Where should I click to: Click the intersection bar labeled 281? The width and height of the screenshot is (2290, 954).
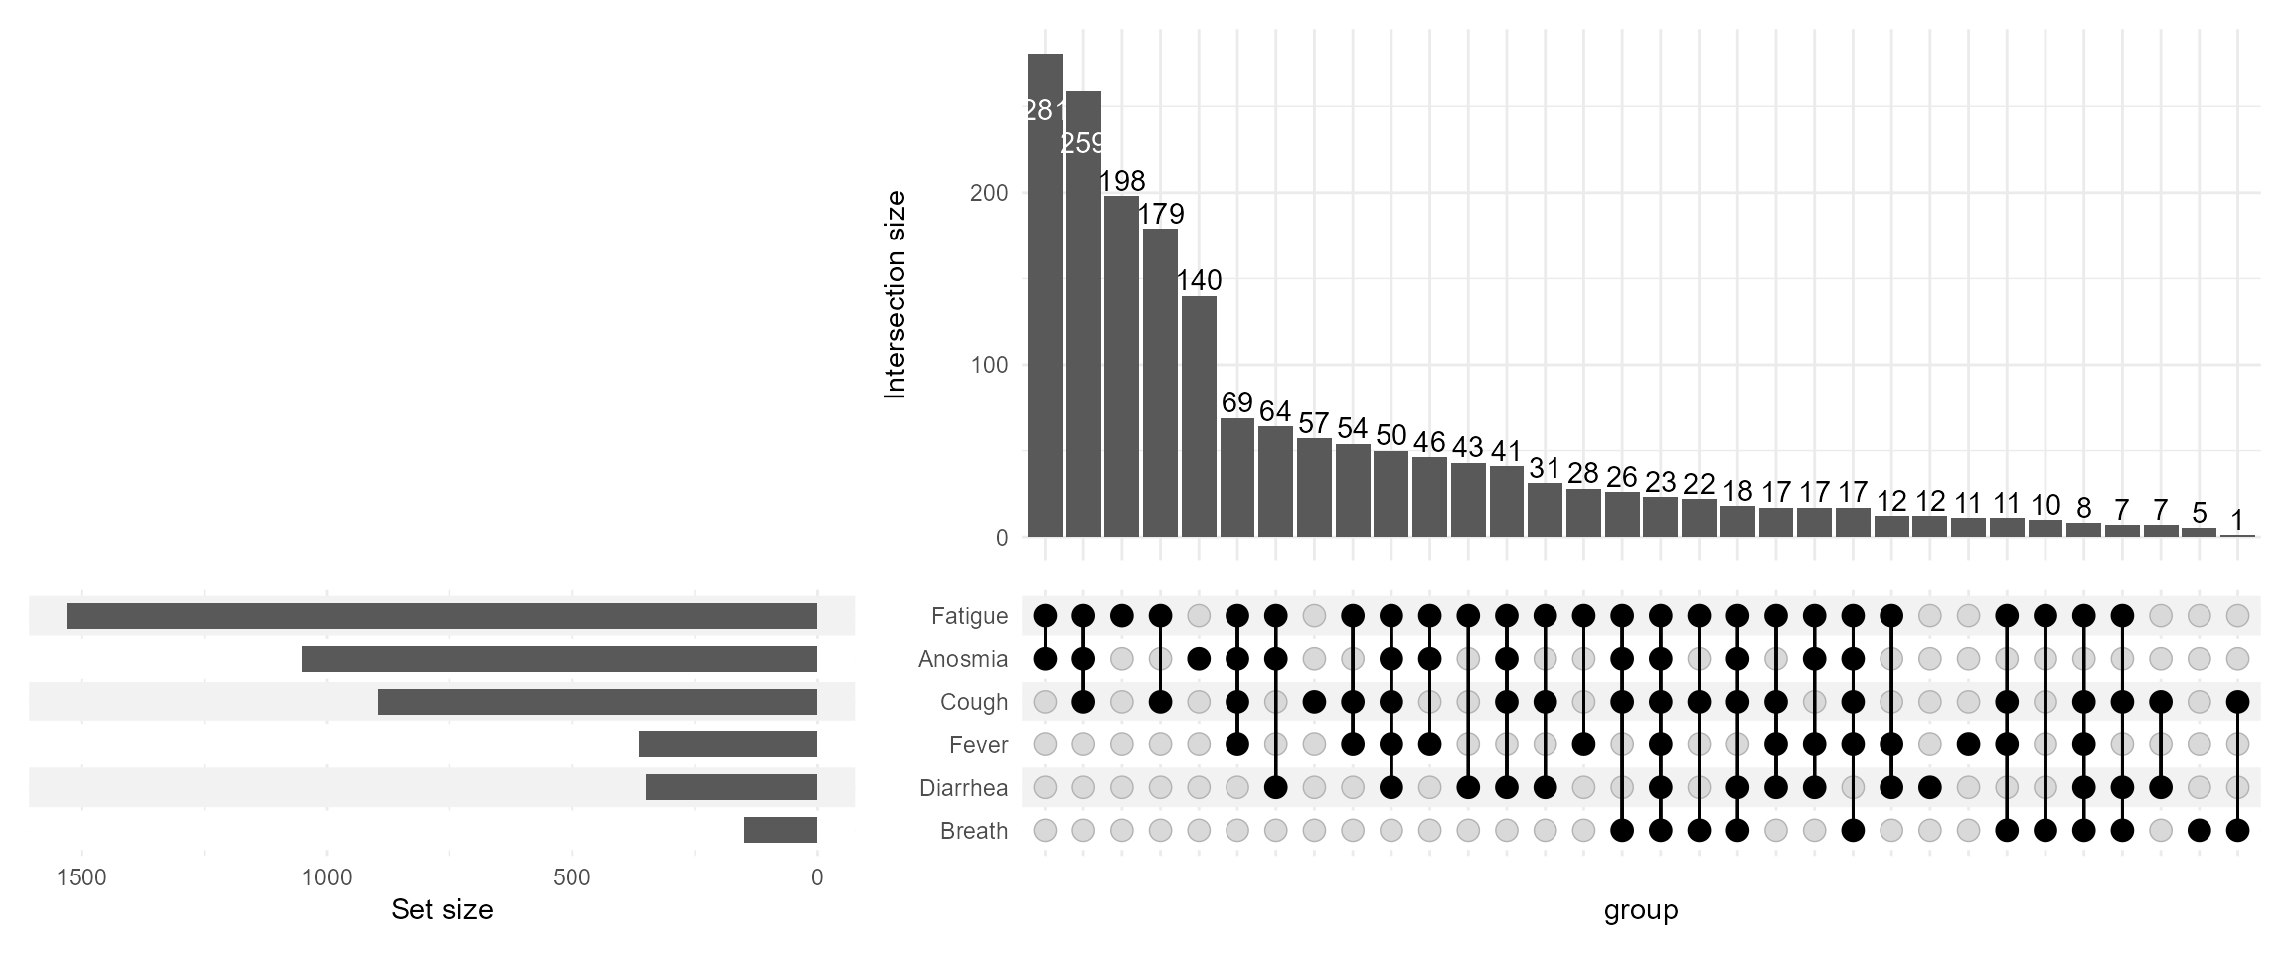[x=1045, y=298]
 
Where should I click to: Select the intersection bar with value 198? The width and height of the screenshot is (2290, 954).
[x=1121, y=368]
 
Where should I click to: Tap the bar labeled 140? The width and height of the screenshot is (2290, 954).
[x=1199, y=417]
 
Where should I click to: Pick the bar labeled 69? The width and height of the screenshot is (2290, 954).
[x=1237, y=478]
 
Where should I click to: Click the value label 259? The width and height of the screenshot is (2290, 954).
[x=1082, y=144]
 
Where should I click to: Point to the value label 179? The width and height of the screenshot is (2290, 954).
[x=1160, y=214]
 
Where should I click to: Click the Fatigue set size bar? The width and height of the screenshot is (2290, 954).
[x=441, y=616]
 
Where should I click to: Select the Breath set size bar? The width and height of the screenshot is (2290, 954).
[x=780, y=830]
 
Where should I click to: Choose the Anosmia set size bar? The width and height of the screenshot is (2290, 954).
[x=560, y=659]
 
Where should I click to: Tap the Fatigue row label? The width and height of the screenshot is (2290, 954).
[x=969, y=617]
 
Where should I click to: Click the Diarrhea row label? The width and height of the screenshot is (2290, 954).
[x=963, y=789]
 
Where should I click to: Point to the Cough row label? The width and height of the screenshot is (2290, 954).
[x=973, y=703]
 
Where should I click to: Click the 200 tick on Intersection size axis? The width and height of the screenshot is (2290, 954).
[x=988, y=194]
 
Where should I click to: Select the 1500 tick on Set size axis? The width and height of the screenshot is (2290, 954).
[x=81, y=878]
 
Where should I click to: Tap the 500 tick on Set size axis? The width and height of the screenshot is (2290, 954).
[x=572, y=878]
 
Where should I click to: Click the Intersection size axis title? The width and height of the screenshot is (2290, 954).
[x=896, y=295]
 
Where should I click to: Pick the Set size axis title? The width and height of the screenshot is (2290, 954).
[x=441, y=910]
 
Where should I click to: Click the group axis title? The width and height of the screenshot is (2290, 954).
[x=1640, y=910]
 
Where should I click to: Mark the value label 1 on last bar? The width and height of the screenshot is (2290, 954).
[x=2237, y=520]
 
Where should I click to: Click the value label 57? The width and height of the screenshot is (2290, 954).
[x=1314, y=424]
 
